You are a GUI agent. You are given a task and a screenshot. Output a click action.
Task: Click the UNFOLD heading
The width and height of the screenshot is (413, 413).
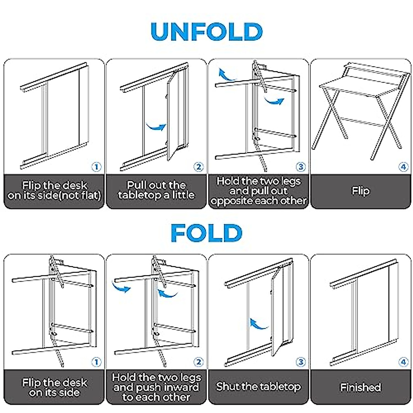206,32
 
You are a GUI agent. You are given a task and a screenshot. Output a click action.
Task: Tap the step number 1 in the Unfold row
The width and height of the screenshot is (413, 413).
96,167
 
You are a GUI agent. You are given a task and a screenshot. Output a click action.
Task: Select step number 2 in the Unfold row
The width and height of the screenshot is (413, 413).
198,167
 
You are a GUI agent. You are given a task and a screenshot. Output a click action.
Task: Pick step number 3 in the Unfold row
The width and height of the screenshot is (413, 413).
300,167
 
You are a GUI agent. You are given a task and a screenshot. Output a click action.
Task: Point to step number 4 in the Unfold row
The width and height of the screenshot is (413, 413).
403,167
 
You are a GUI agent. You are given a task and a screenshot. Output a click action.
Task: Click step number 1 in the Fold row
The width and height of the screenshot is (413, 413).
96,362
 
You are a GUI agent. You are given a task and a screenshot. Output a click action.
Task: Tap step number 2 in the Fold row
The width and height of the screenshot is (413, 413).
198,362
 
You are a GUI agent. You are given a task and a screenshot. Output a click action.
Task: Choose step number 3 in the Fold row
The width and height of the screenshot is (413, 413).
300,362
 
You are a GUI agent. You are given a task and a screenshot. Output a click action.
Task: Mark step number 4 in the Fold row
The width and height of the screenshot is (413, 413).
403,362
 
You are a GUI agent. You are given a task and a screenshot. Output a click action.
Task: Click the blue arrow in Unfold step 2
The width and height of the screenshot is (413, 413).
156,126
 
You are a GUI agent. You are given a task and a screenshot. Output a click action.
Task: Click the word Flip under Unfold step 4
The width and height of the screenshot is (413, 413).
361,191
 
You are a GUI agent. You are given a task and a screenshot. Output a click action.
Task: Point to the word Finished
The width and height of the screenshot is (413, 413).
361,387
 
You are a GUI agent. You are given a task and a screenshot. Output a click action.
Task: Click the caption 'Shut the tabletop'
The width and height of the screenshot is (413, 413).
258,387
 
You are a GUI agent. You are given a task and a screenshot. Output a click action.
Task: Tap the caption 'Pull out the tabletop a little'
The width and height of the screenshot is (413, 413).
156,190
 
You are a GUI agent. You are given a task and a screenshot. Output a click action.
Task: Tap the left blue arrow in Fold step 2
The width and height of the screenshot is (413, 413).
121,286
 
